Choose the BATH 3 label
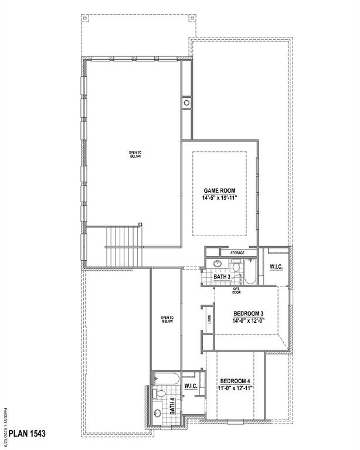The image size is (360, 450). click(x=222, y=277)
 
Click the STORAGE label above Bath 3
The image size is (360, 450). click(x=237, y=253)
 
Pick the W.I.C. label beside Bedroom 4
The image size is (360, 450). click(x=190, y=386)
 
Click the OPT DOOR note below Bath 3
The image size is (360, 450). click(x=236, y=291)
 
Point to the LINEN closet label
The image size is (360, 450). click(x=209, y=320)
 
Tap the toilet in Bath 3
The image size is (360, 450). click(x=236, y=268)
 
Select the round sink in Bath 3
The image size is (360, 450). click(x=216, y=264)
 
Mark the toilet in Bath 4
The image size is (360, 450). click(x=157, y=393)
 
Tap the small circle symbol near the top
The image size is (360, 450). click(x=187, y=103)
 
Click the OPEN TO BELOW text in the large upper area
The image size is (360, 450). click(x=135, y=155)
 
